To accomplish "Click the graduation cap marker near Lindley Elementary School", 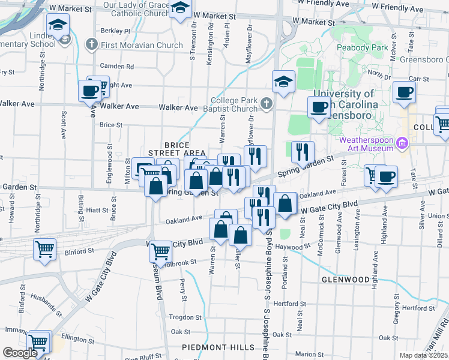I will pyautogui.click(x=58, y=25).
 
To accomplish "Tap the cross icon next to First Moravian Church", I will pyautogui.click(x=91, y=44).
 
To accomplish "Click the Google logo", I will pyautogui.click(x=20, y=353).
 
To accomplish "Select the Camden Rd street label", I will pyautogui.click(x=118, y=66).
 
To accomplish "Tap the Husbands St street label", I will pyautogui.click(x=46, y=305).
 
